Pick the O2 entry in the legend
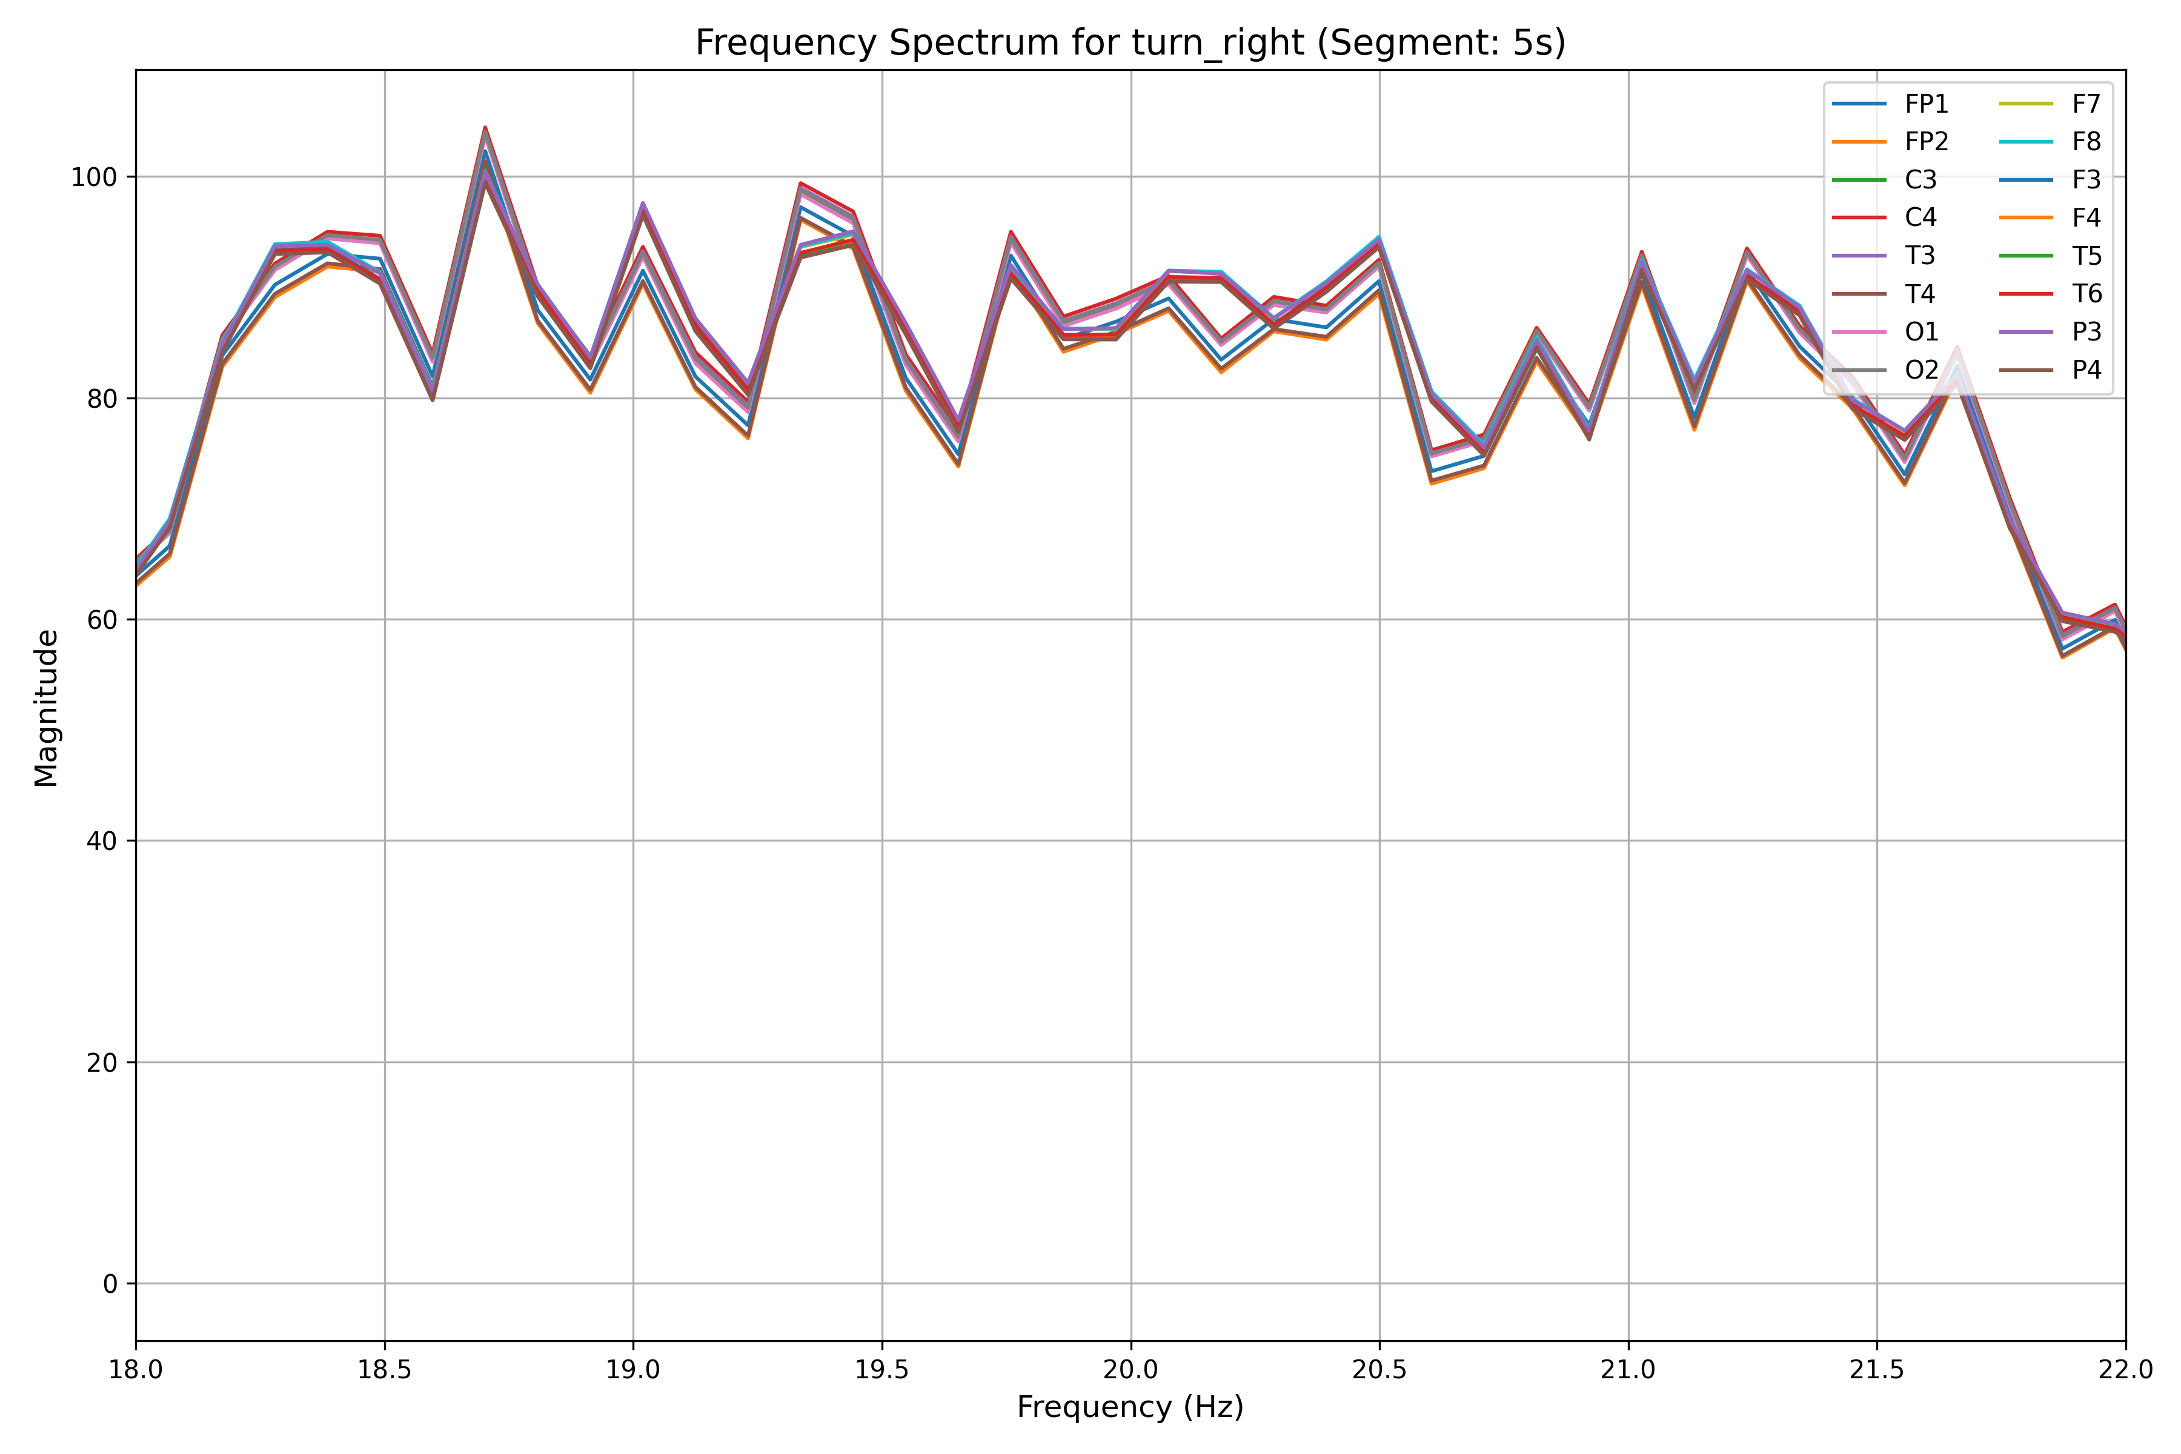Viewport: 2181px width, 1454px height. click(1921, 370)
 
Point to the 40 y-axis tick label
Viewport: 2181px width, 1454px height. click(102, 841)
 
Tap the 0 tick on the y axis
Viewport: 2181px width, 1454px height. click(110, 1284)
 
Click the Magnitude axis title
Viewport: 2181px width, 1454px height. click(47, 708)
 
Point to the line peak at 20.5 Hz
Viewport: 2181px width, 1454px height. click(1379, 237)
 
